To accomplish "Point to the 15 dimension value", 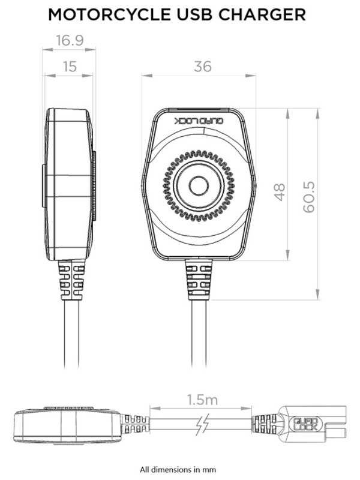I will point(69,67).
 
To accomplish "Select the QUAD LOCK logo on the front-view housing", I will point(199,121).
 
